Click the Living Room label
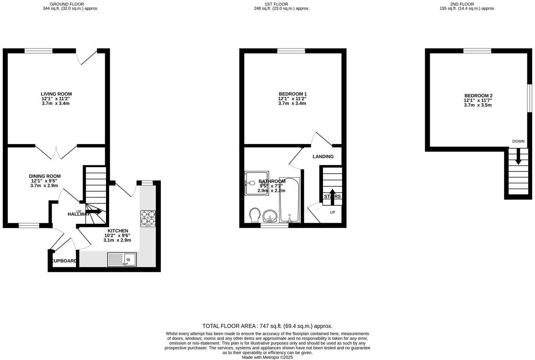(x=56, y=94)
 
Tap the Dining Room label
(x=45, y=176)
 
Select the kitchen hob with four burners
(x=148, y=219)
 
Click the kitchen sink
(x=122, y=259)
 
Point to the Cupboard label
(x=65, y=261)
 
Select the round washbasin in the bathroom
(x=271, y=216)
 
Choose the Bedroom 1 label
(x=293, y=94)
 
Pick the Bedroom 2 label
(x=478, y=96)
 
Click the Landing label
(x=323, y=157)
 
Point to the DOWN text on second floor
(x=518, y=141)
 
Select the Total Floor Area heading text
(x=267, y=326)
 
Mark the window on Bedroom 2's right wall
(x=529, y=98)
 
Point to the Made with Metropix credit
(x=267, y=357)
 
